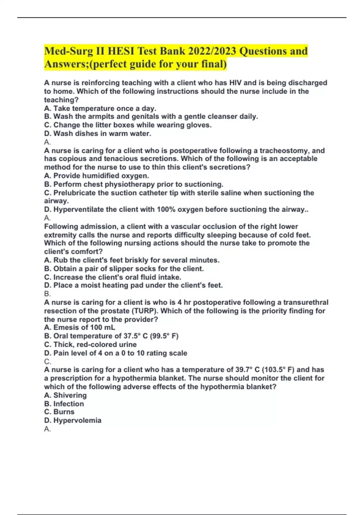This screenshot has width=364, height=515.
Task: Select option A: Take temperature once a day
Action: click(x=100, y=108)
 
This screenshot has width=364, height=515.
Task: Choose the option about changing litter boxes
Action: click(x=128, y=125)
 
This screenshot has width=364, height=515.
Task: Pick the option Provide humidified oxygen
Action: click(x=96, y=176)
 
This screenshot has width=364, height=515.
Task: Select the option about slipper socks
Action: click(x=124, y=268)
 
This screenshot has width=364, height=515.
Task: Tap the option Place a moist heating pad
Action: click(x=133, y=285)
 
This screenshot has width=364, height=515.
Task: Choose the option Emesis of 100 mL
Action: click(x=79, y=327)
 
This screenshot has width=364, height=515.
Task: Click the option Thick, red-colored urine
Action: click(x=90, y=344)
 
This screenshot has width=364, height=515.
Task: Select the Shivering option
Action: click(x=65, y=395)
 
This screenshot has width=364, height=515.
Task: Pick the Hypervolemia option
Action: click(x=72, y=420)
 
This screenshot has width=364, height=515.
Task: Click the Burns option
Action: click(x=59, y=412)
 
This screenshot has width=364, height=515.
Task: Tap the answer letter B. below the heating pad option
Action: click(x=47, y=294)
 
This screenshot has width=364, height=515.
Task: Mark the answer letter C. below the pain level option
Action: click(x=47, y=361)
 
